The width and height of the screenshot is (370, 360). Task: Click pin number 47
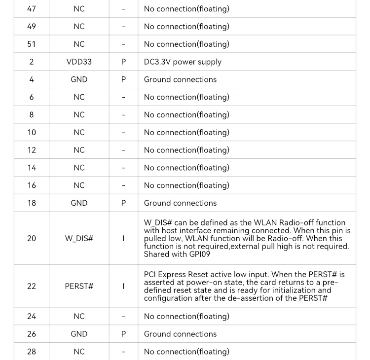coord(32,9)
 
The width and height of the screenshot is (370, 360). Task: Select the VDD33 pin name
coord(79,62)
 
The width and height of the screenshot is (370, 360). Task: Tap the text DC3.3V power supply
coord(183,62)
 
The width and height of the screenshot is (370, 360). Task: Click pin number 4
coord(32,79)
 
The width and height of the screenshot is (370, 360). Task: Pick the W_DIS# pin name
coord(79,239)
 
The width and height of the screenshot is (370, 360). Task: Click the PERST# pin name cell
coord(79,287)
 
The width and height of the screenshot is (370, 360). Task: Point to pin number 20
coord(32,239)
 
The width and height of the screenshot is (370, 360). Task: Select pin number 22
coord(32,287)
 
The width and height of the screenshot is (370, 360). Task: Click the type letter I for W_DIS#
coord(123,239)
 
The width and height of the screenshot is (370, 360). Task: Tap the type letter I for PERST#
coord(123,287)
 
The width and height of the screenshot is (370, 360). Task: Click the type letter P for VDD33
coord(123,62)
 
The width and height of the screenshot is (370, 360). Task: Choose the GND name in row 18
coord(79,203)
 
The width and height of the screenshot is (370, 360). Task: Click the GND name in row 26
coord(79,334)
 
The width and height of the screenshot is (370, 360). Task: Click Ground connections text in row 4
coord(180,79)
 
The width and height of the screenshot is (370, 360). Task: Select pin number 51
coord(32,44)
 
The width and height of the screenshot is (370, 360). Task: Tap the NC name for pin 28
coord(79,352)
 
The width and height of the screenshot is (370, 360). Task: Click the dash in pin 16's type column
coord(123,186)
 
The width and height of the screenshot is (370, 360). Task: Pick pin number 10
coord(32,133)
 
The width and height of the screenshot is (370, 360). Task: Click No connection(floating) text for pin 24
coord(186,317)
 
